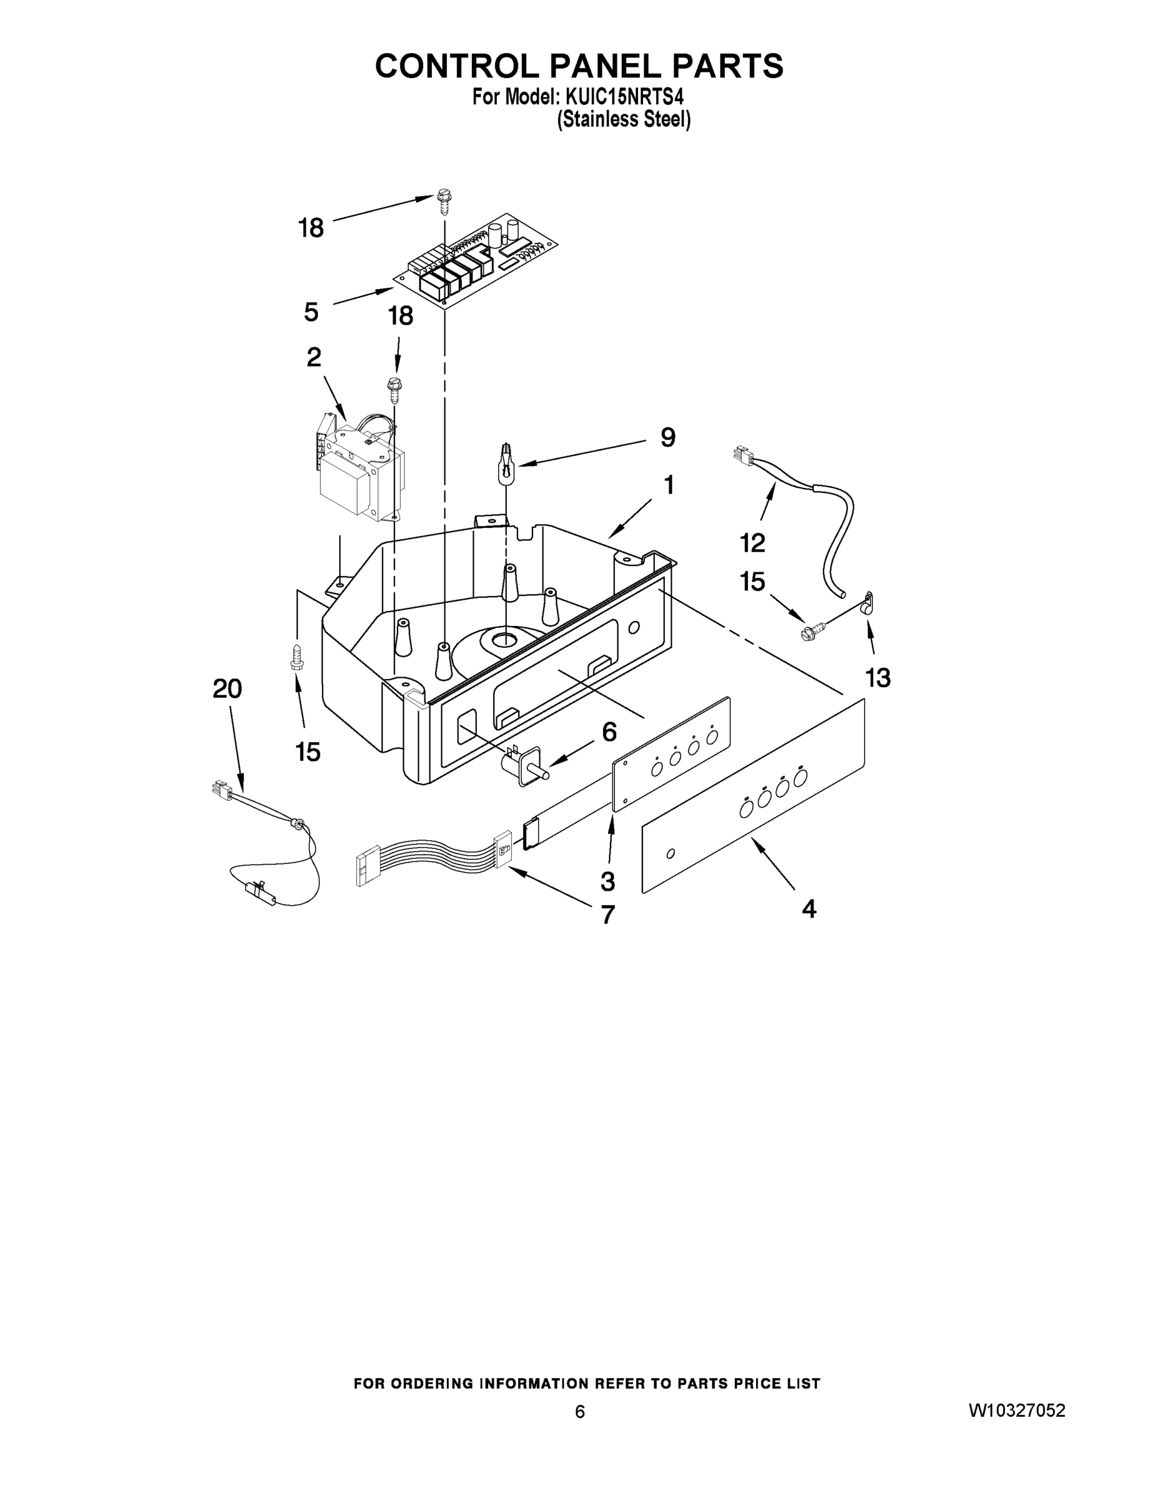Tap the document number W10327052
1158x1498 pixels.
coord(1017,1411)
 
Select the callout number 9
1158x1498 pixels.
coord(667,437)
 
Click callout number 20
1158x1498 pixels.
coord(228,688)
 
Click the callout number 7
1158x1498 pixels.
coord(608,914)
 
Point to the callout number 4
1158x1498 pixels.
coord(810,909)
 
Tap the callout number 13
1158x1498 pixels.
coord(878,678)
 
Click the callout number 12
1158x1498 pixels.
coord(753,542)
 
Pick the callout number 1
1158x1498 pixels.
coord(668,485)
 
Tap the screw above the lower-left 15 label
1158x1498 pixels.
coord(297,657)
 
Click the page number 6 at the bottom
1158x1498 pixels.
coord(580,1412)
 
